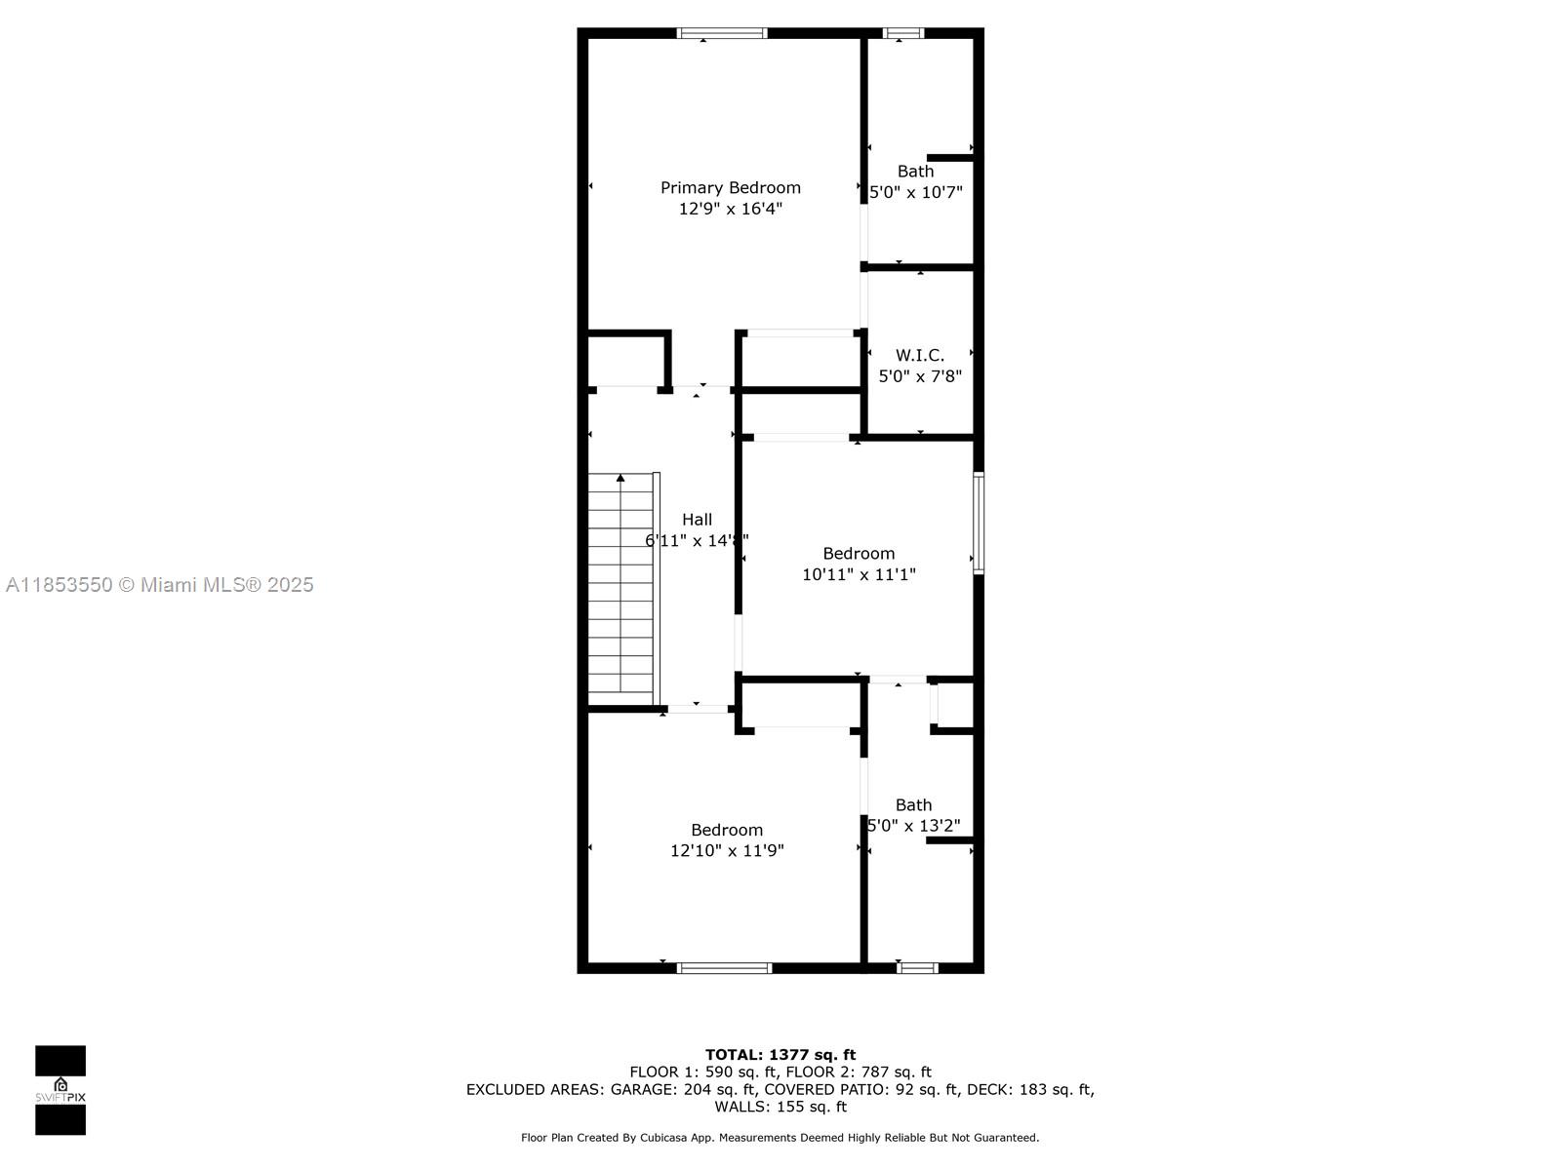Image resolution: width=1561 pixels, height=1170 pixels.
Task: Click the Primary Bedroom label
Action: point(730,188)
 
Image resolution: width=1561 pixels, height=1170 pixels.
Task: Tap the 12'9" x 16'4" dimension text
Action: point(730,209)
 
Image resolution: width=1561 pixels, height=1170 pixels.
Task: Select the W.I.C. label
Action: point(920,355)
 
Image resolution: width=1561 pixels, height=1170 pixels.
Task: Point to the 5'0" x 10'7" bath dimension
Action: point(915,192)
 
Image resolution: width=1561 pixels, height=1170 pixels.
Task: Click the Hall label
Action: point(697,520)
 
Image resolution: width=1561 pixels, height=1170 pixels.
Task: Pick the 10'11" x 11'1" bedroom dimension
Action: point(859,574)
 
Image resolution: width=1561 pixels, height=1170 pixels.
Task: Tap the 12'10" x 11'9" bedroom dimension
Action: point(726,850)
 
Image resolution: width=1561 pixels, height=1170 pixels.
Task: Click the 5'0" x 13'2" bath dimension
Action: point(913,826)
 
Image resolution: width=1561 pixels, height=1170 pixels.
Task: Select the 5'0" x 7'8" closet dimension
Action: point(920,375)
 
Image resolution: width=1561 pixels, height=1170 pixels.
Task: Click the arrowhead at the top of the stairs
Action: point(620,478)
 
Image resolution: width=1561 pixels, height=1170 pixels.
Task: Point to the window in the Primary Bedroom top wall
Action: point(722,33)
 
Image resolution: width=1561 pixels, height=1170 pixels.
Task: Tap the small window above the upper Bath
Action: point(903,33)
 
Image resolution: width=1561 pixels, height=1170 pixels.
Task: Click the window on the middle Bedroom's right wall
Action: point(979,523)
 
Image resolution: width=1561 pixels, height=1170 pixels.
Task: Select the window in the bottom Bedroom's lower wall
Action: point(724,967)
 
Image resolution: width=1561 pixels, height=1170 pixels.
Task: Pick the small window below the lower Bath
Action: point(917,967)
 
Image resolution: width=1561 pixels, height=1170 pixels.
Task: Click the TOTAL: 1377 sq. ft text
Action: point(780,1055)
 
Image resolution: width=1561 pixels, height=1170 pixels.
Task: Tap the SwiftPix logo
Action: point(60,1090)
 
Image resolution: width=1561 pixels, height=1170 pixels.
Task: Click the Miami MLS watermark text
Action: point(159,585)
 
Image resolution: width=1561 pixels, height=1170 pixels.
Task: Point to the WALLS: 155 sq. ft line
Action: point(780,1107)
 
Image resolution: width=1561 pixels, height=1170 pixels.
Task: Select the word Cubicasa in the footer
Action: point(663,1138)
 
